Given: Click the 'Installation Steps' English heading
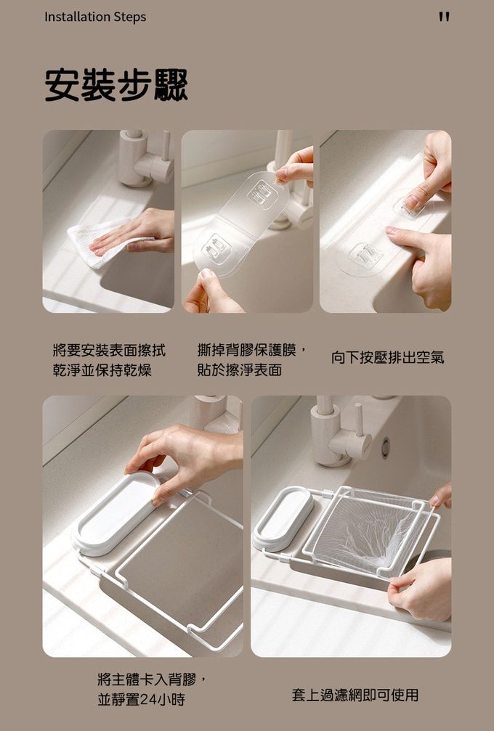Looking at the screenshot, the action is pos(95,17).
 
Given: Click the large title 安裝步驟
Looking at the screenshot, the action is pos(117,86).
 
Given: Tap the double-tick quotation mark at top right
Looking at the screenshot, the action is pos(444,17).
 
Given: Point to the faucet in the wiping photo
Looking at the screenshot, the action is pos(145,158).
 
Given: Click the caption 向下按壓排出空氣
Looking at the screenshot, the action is pos(388,358).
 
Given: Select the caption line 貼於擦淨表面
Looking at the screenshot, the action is pos(240,370).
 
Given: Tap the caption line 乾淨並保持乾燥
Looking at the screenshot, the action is pos(102,371).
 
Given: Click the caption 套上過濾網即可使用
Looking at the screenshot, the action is pos(355,695).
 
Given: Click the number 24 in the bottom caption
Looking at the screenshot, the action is pos(149,699).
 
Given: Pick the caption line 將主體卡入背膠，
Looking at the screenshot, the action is pos(151,679).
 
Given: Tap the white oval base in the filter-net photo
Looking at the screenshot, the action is pos(283,518).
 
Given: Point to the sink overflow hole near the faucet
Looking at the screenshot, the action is pos(385,448).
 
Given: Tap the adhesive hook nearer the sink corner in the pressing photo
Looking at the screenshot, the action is pos(367,255).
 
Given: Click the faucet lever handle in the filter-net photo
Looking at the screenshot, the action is pos(359,420).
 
